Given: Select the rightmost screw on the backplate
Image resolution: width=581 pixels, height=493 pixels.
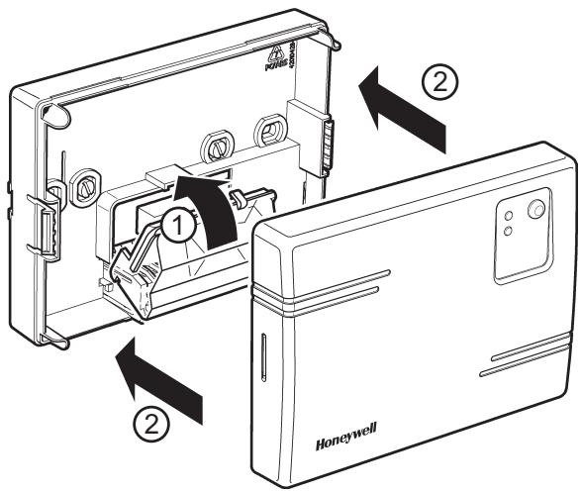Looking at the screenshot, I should [x=268, y=132].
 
